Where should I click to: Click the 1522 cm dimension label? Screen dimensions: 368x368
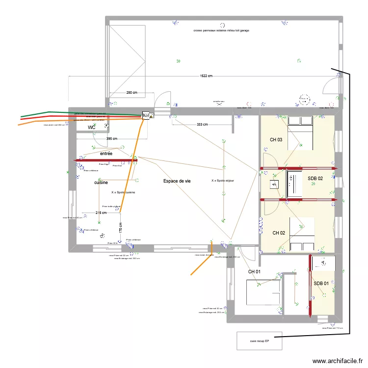click(206, 76)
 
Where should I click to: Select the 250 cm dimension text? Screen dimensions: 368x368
click(131, 92)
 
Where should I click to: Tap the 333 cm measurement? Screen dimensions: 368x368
click(202, 125)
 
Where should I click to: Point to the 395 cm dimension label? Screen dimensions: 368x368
click(112, 139)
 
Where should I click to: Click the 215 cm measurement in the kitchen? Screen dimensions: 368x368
click(101, 212)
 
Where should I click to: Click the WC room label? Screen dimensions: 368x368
click(91, 128)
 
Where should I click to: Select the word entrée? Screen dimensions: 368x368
click(106, 154)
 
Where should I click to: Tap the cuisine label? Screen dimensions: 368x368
click(101, 183)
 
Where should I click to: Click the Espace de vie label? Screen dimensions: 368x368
click(177, 181)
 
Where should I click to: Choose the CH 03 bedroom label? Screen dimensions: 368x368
click(276, 140)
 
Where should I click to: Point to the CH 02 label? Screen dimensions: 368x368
click(279, 233)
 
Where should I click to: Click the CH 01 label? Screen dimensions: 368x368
click(254, 272)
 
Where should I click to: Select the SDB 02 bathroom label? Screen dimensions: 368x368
click(315, 179)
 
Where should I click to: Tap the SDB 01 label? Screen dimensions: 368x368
click(321, 284)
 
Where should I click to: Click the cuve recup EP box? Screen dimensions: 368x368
click(260, 341)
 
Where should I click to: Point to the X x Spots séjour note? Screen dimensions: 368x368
click(223, 181)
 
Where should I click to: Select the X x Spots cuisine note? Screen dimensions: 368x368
click(123, 192)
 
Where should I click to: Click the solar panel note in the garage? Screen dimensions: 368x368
click(221, 30)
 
